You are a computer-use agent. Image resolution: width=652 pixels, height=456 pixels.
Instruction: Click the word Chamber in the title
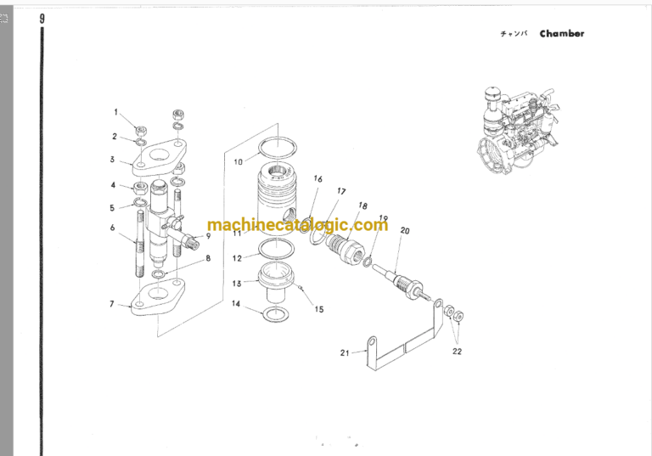coord(562,34)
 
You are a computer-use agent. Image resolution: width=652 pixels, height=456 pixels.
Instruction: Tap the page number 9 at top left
coord(42,19)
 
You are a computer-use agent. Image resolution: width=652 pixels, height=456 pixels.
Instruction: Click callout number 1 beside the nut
coord(116,112)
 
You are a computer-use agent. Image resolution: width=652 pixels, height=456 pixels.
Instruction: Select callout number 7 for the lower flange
coord(111,304)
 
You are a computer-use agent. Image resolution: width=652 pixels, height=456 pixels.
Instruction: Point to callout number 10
coord(238,162)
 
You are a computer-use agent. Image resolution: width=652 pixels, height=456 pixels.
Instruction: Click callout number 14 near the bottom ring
coord(236,304)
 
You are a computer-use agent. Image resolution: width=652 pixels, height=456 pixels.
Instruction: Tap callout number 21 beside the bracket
coord(345,352)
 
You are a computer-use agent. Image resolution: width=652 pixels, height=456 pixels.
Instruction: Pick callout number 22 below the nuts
coord(457,352)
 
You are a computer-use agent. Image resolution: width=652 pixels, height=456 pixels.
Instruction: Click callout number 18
coord(363,205)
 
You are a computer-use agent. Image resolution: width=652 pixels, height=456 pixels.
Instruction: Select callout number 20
coord(405,230)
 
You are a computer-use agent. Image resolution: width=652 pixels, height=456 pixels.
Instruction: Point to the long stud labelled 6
coord(140,244)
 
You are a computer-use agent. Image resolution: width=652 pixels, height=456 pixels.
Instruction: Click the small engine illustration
coord(517,130)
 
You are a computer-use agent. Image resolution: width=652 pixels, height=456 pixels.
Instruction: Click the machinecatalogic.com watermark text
coord(298,225)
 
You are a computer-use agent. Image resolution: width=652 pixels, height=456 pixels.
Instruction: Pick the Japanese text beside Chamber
coord(514,34)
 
